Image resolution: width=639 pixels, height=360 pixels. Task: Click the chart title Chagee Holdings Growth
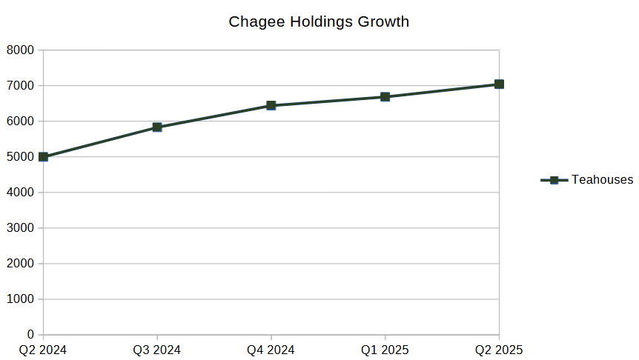tap(319, 21)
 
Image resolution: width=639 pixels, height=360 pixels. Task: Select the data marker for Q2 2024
tap(43, 157)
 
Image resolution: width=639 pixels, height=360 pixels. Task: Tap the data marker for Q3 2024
tap(157, 127)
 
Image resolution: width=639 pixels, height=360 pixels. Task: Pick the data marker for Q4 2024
tap(271, 106)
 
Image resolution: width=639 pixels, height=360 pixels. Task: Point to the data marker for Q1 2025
tap(385, 97)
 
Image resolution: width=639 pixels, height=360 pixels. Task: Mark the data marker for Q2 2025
tap(499, 84)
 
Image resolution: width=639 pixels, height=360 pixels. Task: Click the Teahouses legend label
tap(602, 179)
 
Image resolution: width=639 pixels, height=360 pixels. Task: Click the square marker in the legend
tap(554, 180)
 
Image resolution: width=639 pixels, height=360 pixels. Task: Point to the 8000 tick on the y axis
tap(21, 50)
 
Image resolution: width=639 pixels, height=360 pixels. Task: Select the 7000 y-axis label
tap(21, 86)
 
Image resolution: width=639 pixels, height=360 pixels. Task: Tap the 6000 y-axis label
tap(21, 121)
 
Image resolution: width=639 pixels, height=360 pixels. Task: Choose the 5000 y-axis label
tap(21, 157)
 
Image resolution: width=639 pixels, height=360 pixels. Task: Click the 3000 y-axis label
tap(21, 228)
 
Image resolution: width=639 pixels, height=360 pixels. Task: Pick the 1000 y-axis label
tap(21, 299)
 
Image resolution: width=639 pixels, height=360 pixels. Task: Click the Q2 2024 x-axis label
tap(43, 350)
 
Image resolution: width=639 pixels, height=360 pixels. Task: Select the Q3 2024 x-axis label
tap(156, 350)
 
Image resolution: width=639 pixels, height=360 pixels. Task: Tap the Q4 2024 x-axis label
tap(271, 350)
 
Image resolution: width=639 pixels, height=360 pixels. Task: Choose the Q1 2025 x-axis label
tap(385, 350)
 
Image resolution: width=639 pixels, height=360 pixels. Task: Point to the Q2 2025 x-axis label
tap(498, 350)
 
